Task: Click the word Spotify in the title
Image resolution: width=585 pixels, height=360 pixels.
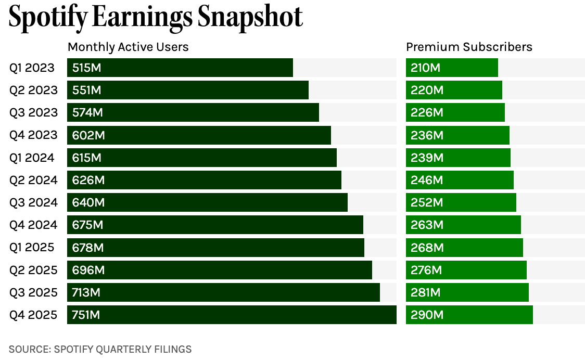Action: click(x=48, y=18)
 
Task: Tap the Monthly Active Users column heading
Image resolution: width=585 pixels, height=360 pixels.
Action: click(x=128, y=47)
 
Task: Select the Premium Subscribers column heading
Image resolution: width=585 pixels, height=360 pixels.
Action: click(x=469, y=47)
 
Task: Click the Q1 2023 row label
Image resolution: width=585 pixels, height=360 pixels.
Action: click(x=32, y=68)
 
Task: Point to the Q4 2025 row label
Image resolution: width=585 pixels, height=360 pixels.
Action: click(x=33, y=315)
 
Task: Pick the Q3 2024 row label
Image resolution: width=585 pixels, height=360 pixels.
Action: click(x=33, y=202)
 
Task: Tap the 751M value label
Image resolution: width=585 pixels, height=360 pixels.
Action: click(x=86, y=315)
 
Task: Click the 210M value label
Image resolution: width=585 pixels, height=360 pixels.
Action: click(x=425, y=68)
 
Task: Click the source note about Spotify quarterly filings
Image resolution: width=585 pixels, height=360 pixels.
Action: click(x=100, y=349)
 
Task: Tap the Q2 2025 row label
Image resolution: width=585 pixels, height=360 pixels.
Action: click(x=33, y=270)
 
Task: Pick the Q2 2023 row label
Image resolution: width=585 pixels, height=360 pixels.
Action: click(x=33, y=90)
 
